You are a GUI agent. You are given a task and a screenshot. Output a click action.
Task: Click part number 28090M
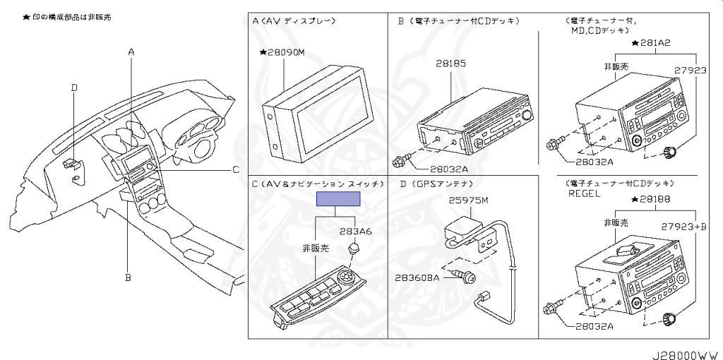pos(285,52)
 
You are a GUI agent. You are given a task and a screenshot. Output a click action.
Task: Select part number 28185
pos(450,64)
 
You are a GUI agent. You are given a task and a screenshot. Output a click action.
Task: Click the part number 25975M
pos(468,200)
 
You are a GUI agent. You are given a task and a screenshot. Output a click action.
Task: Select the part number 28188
pos(657,200)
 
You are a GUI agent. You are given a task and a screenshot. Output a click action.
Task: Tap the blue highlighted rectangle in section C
pos(338,198)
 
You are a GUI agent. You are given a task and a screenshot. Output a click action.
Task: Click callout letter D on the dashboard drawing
pos(74,88)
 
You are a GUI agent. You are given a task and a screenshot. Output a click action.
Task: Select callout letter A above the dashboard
pos(131,52)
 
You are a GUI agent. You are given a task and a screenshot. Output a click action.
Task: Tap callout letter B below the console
pos(128,277)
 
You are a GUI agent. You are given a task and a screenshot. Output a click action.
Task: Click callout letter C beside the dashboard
pos(236,169)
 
